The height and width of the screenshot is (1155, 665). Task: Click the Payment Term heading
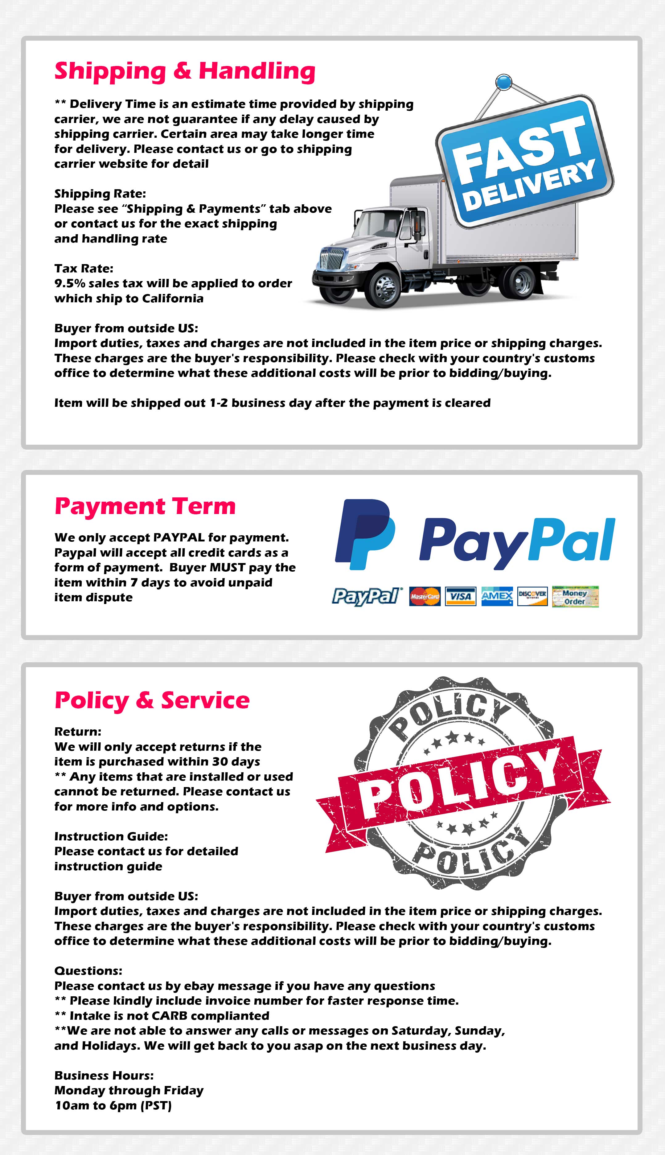click(145, 507)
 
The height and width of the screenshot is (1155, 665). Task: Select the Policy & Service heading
click(152, 700)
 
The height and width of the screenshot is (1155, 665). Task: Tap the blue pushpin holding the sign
click(503, 82)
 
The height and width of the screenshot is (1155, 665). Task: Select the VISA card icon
click(460, 596)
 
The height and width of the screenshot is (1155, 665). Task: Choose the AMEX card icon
click(497, 596)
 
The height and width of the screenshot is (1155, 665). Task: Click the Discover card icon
click(532, 596)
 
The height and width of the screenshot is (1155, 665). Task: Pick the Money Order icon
click(575, 597)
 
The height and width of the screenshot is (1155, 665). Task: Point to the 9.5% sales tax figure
click(69, 284)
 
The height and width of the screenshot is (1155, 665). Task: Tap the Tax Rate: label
click(84, 268)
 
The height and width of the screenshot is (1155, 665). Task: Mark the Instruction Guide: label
click(111, 836)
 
